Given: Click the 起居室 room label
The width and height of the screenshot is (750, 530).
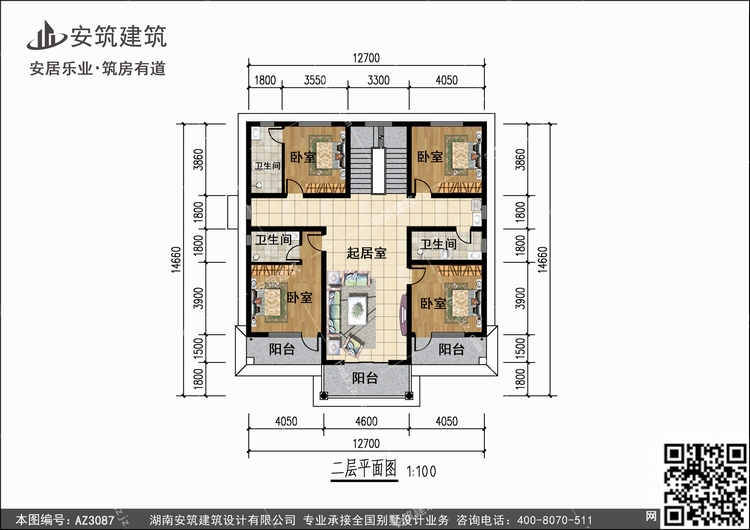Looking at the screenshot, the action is pyautogui.click(x=366, y=253).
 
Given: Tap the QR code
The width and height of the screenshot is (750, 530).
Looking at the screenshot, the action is pyautogui.click(x=705, y=484).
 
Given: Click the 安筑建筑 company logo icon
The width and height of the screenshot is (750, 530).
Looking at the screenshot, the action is pyautogui.click(x=46, y=35).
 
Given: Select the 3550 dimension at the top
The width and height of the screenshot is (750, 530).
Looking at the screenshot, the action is pyautogui.click(x=315, y=80).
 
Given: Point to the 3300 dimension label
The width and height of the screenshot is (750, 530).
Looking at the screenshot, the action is pyautogui.click(x=378, y=80).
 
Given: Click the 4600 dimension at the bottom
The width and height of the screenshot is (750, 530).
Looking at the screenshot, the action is pyautogui.click(x=366, y=421).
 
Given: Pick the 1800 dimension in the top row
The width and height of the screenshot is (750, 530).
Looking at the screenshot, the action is pyautogui.click(x=265, y=80).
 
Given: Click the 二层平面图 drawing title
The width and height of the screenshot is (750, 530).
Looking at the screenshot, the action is pyautogui.click(x=364, y=470).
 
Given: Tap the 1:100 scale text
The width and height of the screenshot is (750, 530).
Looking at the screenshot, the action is pyautogui.click(x=421, y=472).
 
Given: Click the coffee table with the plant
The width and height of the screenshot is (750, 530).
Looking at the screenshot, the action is pyautogui.click(x=357, y=310).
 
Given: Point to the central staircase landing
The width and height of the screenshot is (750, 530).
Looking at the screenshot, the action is pyautogui.click(x=378, y=171).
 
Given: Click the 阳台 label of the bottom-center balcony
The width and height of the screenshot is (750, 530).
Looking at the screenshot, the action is pyautogui.click(x=365, y=378).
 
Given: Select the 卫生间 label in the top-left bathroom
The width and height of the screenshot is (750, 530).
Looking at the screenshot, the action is pyautogui.click(x=267, y=166).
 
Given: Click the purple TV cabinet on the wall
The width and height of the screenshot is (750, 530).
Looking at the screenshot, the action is pyautogui.click(x=404, y=314).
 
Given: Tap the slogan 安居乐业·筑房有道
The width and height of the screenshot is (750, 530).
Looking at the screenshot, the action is pyautogui.click(x=98, y=68).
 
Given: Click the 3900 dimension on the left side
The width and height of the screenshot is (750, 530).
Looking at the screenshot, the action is pyautogui.click(x=199, y=298).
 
